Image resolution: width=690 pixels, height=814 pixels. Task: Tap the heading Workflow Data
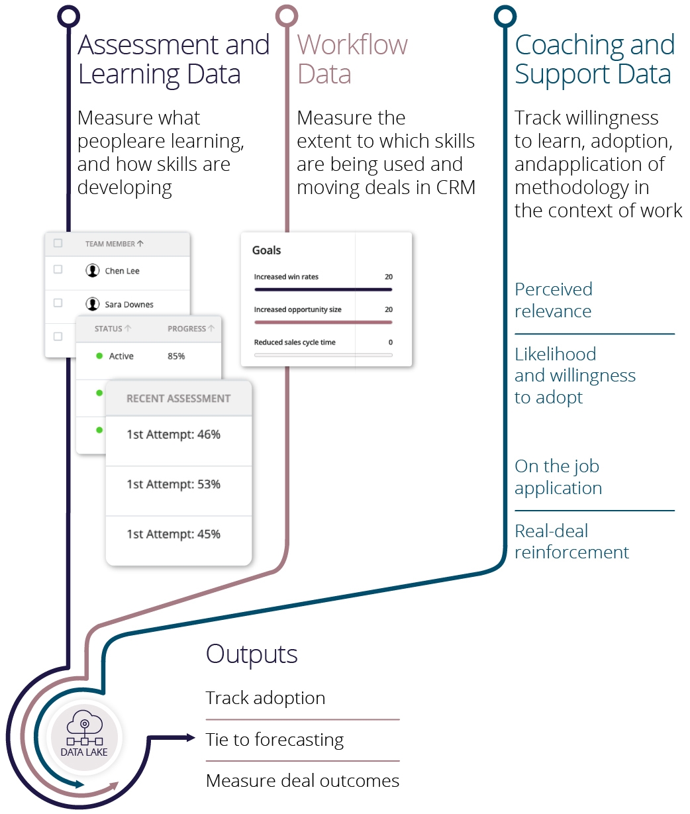[352, 59]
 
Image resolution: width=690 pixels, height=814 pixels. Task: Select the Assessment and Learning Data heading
[173, 59]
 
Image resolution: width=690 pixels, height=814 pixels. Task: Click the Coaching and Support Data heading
[594, 59]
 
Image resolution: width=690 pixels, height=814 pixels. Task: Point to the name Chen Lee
[122, 271]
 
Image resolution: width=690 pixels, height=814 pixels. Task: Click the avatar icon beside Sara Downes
[93, 304]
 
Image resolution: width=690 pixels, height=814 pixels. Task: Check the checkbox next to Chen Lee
[58, 270]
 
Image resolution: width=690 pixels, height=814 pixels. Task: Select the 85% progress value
[176, 356]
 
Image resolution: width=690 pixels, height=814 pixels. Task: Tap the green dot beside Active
[99, 356]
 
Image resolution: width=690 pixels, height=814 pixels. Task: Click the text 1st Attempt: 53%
[173, 484]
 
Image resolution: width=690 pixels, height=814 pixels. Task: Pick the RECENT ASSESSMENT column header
[178, 399]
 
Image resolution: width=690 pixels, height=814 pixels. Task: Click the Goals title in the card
[266, 250]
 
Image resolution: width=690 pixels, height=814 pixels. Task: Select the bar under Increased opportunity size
[323, 323]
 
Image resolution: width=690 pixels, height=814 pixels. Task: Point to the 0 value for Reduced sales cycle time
[390, 342]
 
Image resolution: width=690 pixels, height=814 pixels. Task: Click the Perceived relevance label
[554, 300]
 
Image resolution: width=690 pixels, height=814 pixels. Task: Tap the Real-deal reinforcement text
[571, 541]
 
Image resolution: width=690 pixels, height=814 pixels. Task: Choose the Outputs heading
[252, 654]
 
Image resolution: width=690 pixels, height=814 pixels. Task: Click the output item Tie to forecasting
[275, 740]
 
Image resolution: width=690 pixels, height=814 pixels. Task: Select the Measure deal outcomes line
[303, 781]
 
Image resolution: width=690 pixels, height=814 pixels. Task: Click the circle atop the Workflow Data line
[287, 16]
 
